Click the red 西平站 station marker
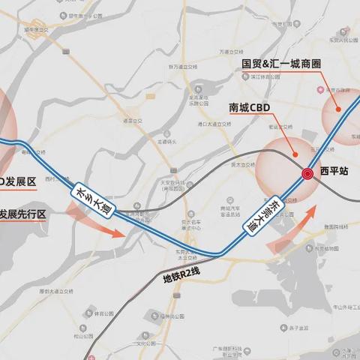click(307, 174)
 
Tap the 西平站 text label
click(334, 171)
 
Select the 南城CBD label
click(249, 107)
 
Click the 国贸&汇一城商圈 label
click(281, 64)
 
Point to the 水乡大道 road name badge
click(94, 199)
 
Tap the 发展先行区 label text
click(22, 214)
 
